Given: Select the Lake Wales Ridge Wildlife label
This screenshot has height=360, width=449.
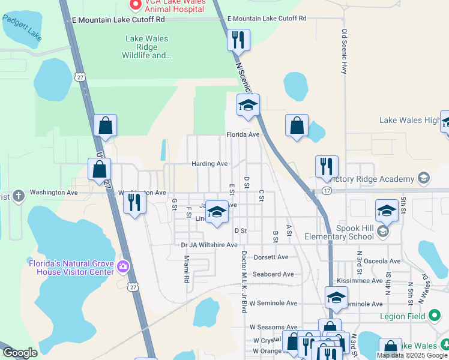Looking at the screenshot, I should pos(146,47).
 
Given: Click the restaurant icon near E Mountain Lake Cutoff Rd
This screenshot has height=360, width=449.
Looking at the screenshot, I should pos(238,40).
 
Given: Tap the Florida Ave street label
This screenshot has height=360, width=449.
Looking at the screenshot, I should pos(243,134).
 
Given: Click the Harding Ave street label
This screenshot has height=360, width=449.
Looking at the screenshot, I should pos(209,164).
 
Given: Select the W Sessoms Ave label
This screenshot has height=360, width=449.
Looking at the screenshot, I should pos(273,327).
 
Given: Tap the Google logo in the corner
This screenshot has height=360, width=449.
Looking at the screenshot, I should pos(20,353).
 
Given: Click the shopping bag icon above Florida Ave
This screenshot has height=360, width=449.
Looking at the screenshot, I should pos(297,125).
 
